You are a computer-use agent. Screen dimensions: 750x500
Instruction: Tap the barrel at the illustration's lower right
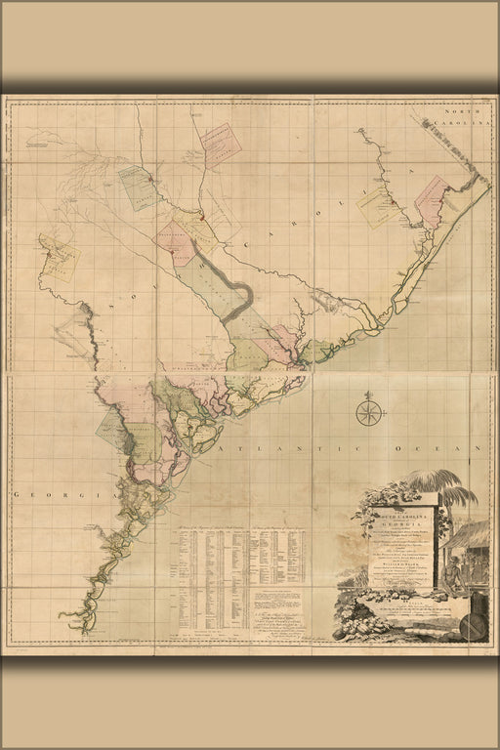click(472, 626)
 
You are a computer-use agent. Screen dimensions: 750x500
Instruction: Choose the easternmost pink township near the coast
click(431, 199)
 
